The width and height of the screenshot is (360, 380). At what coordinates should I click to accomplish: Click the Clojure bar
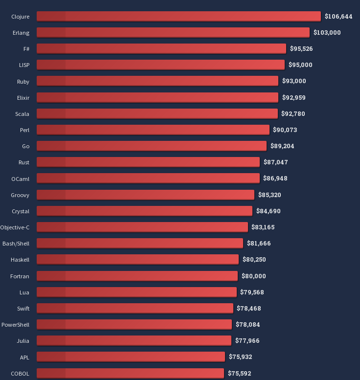click(x=179, y=16)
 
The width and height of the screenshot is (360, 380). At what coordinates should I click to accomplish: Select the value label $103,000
click(x=327, y=32)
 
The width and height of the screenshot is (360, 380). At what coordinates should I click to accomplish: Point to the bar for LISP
click(x=160, y=65)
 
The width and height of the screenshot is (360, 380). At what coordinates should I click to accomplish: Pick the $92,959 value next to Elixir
click(x=293, y=97)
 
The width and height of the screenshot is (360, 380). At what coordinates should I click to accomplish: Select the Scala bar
click(x=157, y=113)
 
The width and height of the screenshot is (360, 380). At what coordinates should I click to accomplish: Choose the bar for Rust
click(x=148, y=162)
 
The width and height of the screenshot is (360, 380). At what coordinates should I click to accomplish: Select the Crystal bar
click(x=144, y=211)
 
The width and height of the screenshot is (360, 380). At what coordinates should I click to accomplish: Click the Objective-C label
click(x=15, y=227)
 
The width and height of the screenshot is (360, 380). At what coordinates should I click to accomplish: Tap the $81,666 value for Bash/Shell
click(x=259, y=243)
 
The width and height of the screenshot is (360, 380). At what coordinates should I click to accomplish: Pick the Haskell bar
click(x=137, y=259)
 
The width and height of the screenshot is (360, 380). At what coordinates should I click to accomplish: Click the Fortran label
click(x=20, y=276)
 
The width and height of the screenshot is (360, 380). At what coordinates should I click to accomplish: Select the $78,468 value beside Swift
click(x=249, y=308)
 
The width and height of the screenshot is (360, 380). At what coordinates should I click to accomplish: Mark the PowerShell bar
click(x=134, y=324)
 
